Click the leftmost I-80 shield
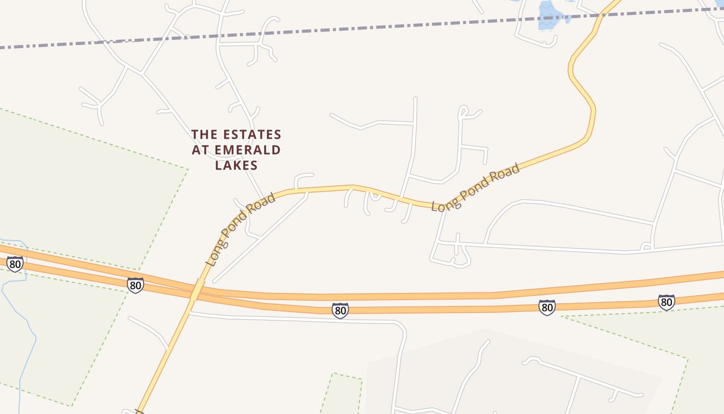coord(15,264)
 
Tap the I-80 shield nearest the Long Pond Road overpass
coord(135,285)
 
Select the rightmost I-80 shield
coord(666,302)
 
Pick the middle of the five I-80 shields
coord(340,310)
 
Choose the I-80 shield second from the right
coord(547,307)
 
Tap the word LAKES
coord(236,166)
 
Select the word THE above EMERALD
coord(204,135)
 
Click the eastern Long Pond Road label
coord(476,187)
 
